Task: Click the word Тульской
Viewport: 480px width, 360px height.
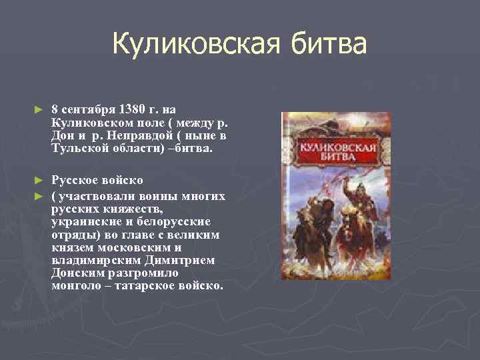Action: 77,148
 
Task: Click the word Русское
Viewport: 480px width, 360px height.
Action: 75,180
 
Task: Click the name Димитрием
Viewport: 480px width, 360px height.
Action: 184,260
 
